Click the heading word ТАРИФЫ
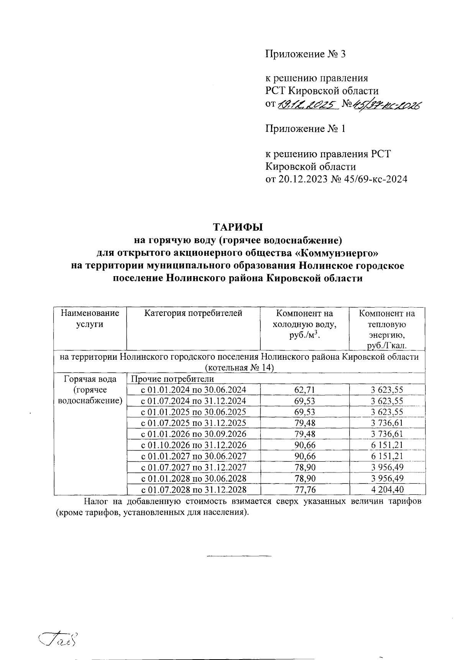(x=238, y=227)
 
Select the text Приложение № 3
(x=306, y=54)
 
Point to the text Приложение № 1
(x=306, y=129)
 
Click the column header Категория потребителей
(x=193, y=313)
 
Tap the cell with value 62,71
(x=304, y=390)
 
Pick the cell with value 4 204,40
(x=387, y=490)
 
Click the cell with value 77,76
(x=304, y=490)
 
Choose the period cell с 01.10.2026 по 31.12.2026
(x=194, y=445)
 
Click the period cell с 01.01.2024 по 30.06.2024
(x=194, y=390)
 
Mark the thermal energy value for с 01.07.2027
(x=387, y=467)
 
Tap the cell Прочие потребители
(x=172, y=379)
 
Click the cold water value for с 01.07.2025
(x=304, y=423)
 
